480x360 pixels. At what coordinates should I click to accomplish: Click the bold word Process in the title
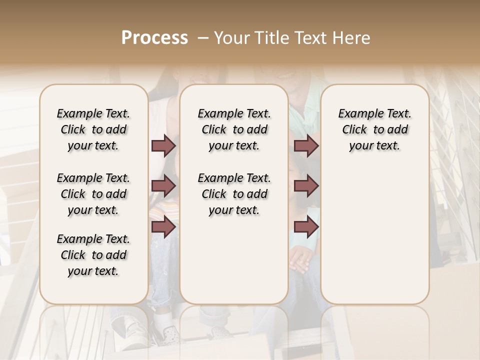(154, 38)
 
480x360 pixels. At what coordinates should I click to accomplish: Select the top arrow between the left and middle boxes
(163, 146)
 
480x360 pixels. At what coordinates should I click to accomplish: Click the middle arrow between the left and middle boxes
(163, 186)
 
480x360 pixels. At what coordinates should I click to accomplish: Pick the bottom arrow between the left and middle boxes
(163, 227)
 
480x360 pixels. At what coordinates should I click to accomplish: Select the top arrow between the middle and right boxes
(306, 146)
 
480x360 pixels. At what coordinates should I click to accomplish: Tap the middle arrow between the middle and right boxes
(306, 186)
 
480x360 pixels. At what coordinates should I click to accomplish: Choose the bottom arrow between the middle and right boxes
(306, 227)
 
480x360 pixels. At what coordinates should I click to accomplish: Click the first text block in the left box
(93, 129)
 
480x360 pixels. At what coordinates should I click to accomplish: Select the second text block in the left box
(93, 194)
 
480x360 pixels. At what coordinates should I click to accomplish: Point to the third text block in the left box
(93, 255)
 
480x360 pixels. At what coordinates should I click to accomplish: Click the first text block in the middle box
(234, 129)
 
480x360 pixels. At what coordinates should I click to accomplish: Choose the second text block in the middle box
(234, 194)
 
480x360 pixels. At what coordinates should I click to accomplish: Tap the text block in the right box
(375, 129)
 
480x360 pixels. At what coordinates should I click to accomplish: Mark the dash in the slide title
(203, 38)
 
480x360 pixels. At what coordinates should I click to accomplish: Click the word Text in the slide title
(309, 38)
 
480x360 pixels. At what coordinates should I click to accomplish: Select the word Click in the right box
(355, 130)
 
